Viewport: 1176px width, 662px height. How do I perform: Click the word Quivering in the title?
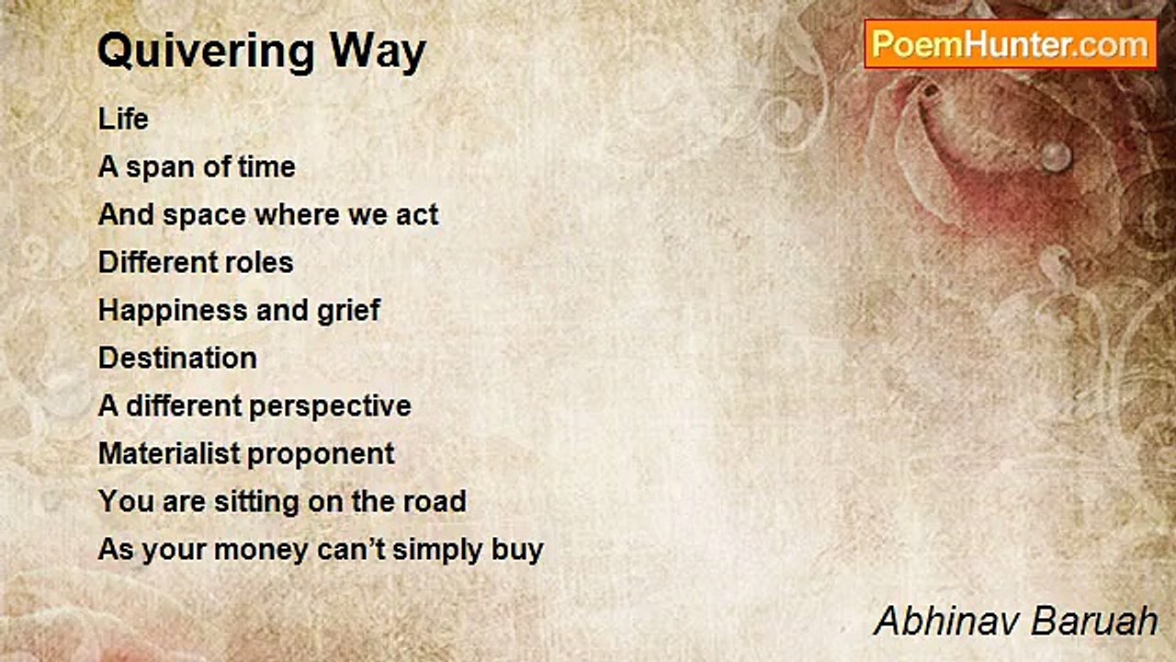point(206,51)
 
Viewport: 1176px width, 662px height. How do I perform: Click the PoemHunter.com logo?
point(1011,45)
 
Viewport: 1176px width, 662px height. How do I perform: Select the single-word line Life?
point(123,119)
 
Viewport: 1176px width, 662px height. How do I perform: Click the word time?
point(266,167)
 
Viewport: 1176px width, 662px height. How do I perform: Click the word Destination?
point(177,359)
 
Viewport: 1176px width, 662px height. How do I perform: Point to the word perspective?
point(330,407)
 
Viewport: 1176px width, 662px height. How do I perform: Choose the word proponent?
point(321,455)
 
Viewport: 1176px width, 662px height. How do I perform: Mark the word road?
point(435,501)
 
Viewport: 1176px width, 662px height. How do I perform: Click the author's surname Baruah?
point(1094,622)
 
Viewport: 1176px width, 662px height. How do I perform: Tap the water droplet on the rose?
point(1056,156)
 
